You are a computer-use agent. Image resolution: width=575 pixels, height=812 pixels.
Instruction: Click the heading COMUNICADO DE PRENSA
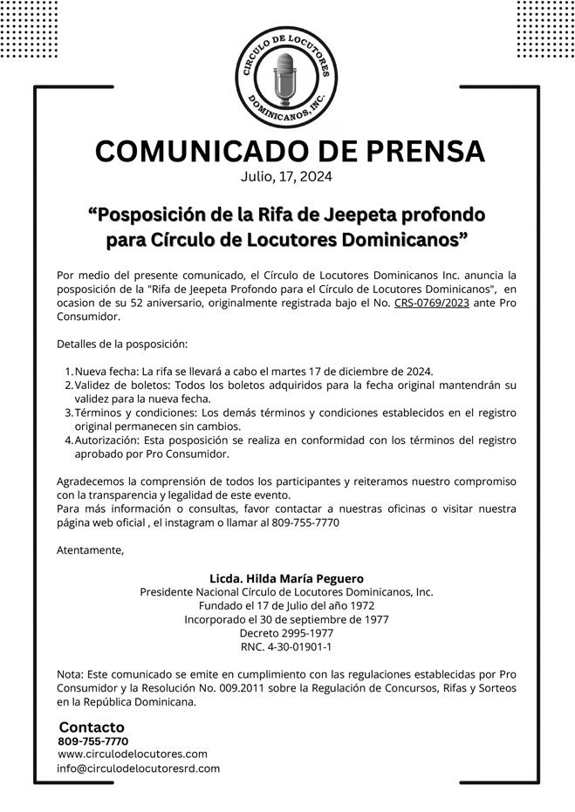[289, 151]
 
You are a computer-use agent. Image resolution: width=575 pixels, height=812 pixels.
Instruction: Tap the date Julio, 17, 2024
[287, 176]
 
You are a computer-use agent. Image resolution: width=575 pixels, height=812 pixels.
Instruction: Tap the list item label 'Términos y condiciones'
[136, 413]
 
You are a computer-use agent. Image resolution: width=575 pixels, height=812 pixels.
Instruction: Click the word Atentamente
[90, 550]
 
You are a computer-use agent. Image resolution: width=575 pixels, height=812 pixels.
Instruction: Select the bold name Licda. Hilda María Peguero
[287, 578]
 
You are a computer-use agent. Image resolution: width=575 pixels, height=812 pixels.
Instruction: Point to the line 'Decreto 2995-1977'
[287, 633]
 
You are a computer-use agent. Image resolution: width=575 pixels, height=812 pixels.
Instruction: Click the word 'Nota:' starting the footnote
[71, 675]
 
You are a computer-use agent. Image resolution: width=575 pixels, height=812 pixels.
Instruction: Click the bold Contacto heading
[92, 727]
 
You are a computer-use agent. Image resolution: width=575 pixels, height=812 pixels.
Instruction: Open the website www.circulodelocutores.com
[133, 754]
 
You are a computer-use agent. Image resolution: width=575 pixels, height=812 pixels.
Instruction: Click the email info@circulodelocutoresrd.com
[138, 768]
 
